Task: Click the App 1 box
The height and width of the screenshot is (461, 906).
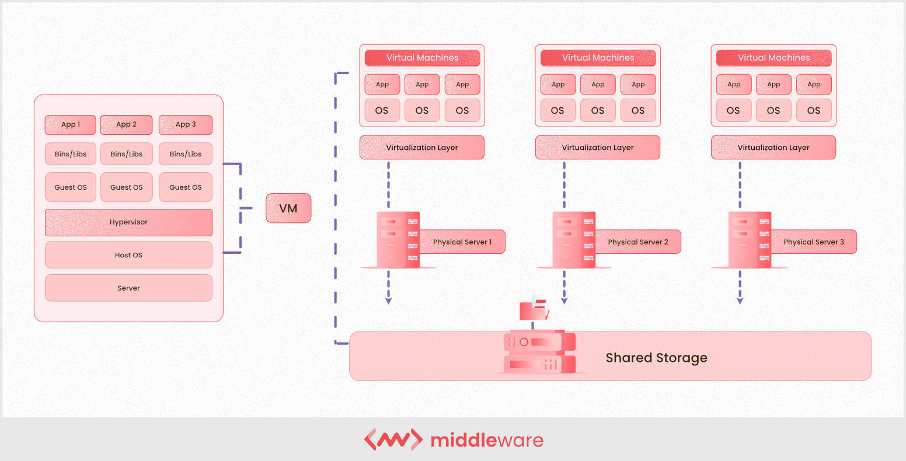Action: point(71,124)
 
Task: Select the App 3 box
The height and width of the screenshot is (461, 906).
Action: point(186,124)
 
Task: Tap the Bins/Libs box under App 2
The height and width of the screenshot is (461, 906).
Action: point(127,154)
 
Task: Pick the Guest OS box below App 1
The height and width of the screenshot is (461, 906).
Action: point(71,187)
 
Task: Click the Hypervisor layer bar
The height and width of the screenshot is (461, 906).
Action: point(128,222)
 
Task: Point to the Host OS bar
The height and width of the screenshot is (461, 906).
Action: point(128,255)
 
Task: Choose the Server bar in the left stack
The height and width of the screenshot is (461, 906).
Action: point(128,288)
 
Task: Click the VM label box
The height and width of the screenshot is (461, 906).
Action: point(288,208)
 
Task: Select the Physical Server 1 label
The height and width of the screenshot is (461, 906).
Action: point(462,242)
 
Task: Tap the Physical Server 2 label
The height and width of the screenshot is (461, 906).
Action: point(637,242)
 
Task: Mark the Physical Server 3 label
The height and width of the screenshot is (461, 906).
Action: point(813,242)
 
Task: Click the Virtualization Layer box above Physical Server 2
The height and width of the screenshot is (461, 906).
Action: point(597,148)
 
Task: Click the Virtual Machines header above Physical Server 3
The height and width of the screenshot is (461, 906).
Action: point(773,58)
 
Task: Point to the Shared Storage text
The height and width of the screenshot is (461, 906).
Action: point(656,358)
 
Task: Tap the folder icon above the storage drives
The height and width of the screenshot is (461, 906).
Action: point(534,309)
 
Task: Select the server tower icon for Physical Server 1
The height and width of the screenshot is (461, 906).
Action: point(398,240)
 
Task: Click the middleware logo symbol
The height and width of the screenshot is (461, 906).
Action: point(393,439)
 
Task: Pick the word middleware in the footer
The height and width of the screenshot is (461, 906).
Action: point(487,440)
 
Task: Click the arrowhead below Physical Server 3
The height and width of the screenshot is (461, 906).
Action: point(740,301)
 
